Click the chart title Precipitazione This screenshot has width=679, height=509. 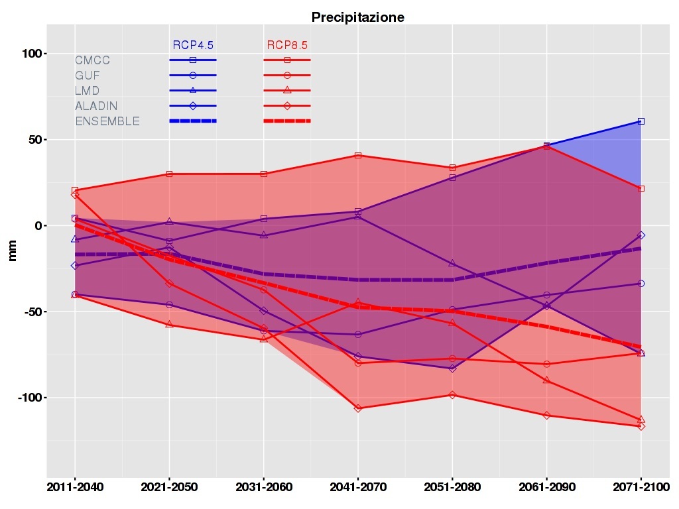[x=358, y=17]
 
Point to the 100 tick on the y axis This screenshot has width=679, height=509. [x=30, y=54]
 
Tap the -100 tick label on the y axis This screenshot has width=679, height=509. [x=27, y=398]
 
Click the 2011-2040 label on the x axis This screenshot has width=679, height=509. [x=74, y=488]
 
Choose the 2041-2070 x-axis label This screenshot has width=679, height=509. [x=358, y=488]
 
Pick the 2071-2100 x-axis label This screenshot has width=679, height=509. [x=641, y=488]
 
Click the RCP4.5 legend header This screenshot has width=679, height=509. [x=193, y=45]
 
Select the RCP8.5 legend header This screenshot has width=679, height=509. [x=287, y=45]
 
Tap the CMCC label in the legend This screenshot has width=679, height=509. [x=92, y=60]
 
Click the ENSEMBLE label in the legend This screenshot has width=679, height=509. [x=107, y=121]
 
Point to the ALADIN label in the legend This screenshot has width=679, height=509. [x=96, y=106]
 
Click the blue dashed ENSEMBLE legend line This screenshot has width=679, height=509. [x=193, y=121]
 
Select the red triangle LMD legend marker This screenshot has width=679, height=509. [x=287, y=90]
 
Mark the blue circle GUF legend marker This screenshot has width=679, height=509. [x=193, y=76]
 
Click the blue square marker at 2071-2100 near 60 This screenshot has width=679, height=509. [x=641, y=121]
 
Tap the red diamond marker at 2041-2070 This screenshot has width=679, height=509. [x=358, y=408]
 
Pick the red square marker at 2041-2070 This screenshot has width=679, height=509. [x=358, y=156]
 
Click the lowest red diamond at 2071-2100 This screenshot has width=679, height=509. [x=641, y=426]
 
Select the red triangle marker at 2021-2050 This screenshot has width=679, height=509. [x=169, y=324]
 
